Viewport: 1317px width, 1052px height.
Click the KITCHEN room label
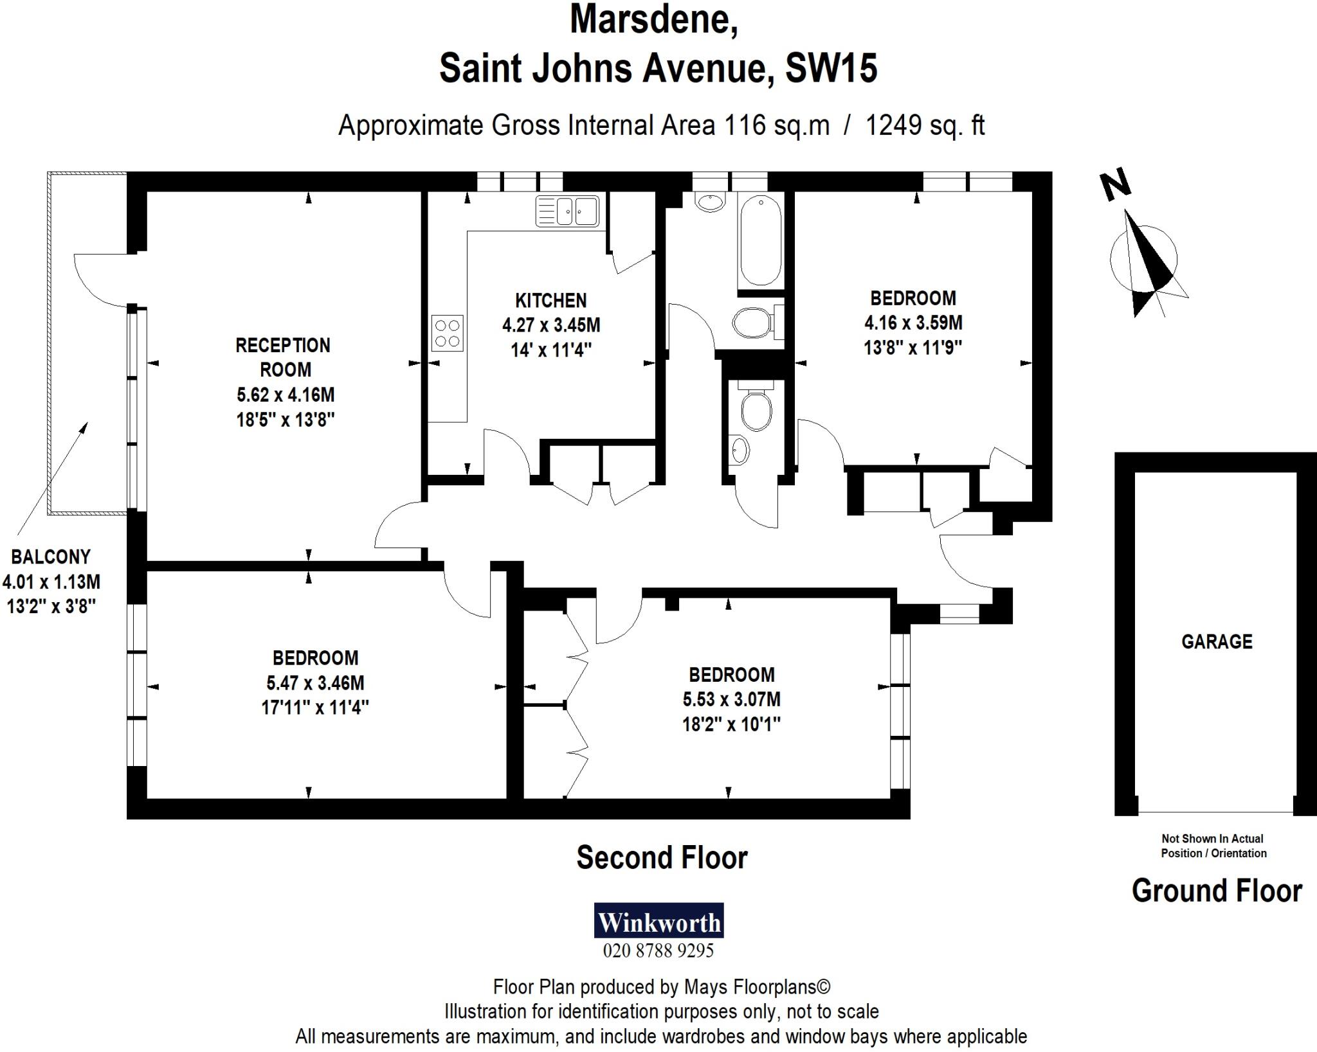(550, 301)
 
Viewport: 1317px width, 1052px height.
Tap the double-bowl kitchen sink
(567, 211)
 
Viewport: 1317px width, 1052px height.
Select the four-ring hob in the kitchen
(447, 333)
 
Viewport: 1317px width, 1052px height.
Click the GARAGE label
(1217, 641)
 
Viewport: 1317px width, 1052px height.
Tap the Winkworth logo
(658, 922)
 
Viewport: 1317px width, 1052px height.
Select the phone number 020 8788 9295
(658, 950)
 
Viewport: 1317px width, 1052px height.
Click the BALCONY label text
(51, 557)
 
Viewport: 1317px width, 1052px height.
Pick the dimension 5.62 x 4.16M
(286, 395)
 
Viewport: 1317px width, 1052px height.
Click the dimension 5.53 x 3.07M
(731, 699)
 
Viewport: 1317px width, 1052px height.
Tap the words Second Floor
(662, 858)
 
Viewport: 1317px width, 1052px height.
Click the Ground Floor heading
(1217, 891)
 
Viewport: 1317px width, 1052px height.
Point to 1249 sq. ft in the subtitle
(925, 125)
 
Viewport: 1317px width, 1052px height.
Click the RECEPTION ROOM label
(283, 357)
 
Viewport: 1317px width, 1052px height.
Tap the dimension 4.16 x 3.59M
(913, 323)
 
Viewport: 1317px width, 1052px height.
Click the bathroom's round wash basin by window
(711, 201)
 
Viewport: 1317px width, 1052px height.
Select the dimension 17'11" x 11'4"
(314, 708)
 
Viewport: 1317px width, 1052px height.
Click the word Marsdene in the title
(653, 19)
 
